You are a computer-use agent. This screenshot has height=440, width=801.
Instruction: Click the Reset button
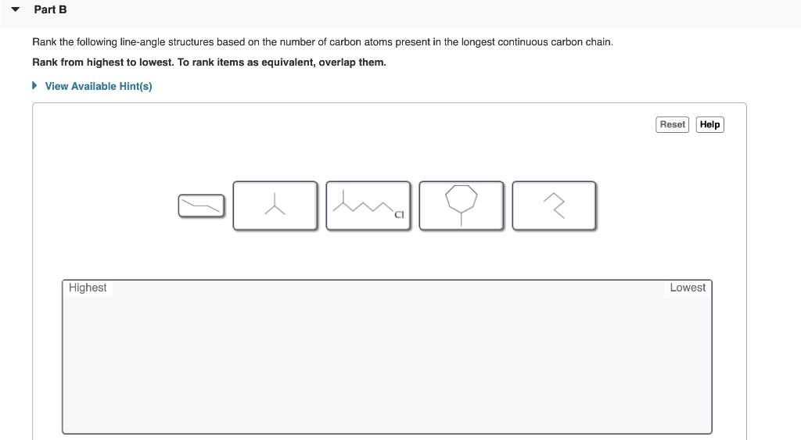click(x=673, y=124)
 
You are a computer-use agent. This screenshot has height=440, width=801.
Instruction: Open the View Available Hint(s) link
click(x=99, y=86)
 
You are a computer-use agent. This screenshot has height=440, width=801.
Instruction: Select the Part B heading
click(x=51, y=10)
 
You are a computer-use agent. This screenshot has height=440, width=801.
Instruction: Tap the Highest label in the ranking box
click(x=88, y=288)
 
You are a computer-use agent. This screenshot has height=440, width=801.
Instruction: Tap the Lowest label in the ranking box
click(x=688, y=288)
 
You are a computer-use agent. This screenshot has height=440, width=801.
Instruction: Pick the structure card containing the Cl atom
click(x=368, y=206)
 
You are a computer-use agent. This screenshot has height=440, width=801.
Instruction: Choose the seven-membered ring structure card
click(x=461, y=206)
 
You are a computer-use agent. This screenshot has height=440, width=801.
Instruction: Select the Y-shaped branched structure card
click(x=275, y=206)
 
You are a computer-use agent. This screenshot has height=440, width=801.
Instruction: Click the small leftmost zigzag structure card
click(x=201, y=206)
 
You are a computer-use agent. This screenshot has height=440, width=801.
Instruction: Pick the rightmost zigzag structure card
click(x=554, y=206)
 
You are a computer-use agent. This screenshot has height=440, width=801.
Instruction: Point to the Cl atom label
click(x=399, y=215)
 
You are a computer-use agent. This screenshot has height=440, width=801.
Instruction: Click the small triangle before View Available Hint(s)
click(x=34, y=86)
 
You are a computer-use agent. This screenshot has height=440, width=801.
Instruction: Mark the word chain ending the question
click(x=598, y=42)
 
